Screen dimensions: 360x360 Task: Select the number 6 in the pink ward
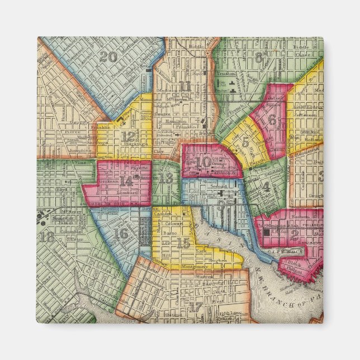pos(272,119)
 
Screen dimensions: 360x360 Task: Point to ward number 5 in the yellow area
pos(246,142)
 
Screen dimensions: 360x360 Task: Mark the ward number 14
pos(127,181)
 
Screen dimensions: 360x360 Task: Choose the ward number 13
pos(166,178)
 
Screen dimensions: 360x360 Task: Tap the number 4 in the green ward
pos(267,187)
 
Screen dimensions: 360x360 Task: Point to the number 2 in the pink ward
pos(294,235)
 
